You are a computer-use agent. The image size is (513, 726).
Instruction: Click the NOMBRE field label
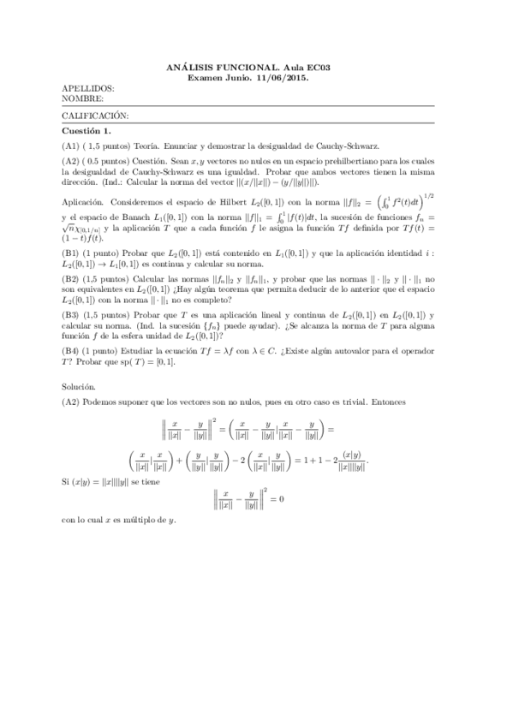click(x=83, y=98)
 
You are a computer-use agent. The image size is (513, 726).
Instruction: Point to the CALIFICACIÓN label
click(x=96, y=115)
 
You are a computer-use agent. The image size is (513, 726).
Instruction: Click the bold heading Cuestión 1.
click(x=86, y=131)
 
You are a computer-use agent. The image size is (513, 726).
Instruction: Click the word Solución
click(x=81, y=387)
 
